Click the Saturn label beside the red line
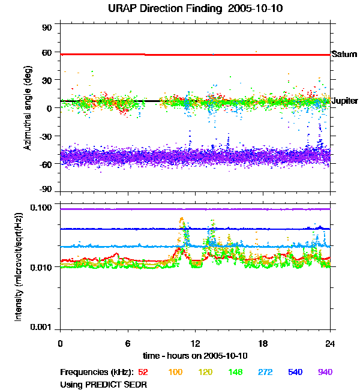tap(344, 55)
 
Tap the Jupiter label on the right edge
tap(345, 101)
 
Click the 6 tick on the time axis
tap(128, 343)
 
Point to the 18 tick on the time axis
tap(263, 343)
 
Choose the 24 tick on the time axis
tap(330, 343)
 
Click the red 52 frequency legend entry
tap(143, 372)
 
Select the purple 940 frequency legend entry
tap(325, 372)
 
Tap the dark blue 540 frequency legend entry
tap(294, 372)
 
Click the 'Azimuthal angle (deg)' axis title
tap(27, 108)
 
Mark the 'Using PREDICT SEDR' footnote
tap(103, 383)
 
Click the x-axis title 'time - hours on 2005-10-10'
tap(194, 356)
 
